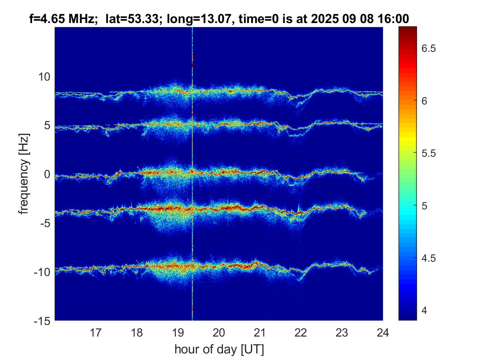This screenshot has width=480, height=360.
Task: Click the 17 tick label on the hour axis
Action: [96, 332]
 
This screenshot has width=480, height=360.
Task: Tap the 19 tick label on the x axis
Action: [178, 332]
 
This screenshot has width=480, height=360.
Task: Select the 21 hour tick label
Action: [260, 332]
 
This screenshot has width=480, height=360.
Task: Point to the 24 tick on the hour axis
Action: [383, 332]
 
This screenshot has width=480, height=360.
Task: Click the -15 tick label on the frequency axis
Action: [42, 321]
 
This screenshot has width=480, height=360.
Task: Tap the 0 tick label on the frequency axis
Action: [47, 174]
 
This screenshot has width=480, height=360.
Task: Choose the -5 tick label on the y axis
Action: [44, 223]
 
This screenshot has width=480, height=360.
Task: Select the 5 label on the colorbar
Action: [426, 206]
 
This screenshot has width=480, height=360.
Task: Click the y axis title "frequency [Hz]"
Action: [25, 173]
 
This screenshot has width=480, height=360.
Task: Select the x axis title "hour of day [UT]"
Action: [219, 349]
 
